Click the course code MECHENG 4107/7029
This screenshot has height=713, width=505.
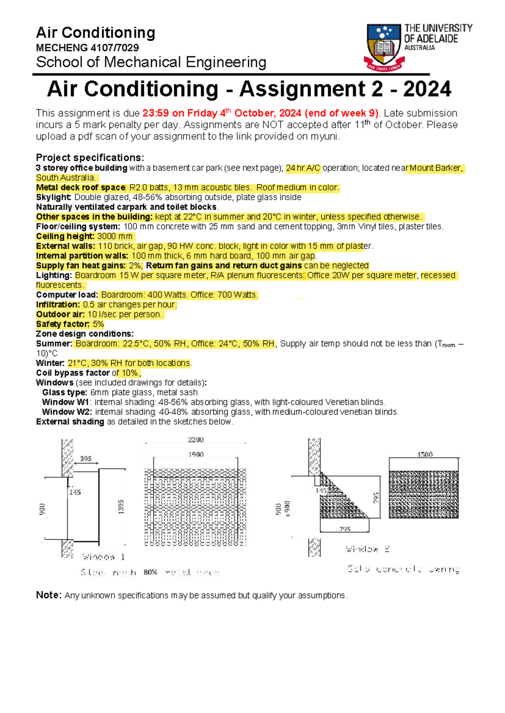[87, 48]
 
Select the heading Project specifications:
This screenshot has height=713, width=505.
[90, 158]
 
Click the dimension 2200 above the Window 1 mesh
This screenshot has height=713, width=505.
[196, 440]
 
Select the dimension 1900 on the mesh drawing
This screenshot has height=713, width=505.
[196, 454]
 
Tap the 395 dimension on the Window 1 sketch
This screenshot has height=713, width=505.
[86, 459]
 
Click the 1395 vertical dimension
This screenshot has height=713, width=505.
[121, 507]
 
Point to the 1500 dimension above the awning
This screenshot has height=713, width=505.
[425, 454]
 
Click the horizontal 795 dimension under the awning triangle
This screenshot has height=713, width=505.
[345, 529]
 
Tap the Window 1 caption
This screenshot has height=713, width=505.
[104, 557]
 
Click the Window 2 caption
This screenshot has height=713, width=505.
[367, 549]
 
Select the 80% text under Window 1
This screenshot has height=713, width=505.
[150, 572]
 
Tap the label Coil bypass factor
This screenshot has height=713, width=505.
[73, 373]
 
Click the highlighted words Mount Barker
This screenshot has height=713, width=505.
[436, 168]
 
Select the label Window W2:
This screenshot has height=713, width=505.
[67, 412]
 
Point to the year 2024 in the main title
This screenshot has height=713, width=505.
[426, 89]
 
